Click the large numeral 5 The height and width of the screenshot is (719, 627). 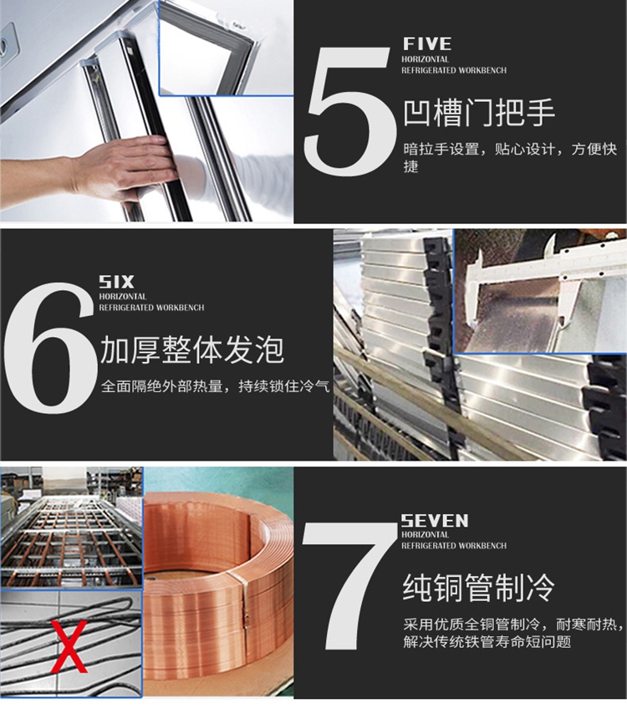click(x=351, y=111)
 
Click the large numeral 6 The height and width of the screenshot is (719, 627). click(x=48, y=349)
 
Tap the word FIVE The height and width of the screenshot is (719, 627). click(x=427, y=44)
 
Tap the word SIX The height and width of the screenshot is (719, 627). click(x=116, y=282)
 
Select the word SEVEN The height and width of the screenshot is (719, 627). click(x=435, y=521)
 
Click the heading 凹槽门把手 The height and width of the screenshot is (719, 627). click(x=479, y=113)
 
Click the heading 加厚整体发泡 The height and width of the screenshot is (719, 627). click(x=192, y=349)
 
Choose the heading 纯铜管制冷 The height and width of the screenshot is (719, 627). click(x=479, y=588)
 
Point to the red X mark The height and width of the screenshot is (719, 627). click(x=69, y=646)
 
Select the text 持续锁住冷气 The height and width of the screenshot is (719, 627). click(x=284, y=386)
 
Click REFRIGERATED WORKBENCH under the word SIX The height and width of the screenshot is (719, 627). click(x=152, y=308)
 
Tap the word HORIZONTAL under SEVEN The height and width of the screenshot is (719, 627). click(x=426, y=535)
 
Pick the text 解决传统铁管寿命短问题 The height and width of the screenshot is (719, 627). click(x=487, y=641)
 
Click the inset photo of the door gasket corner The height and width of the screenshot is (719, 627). click(x=226, y=48)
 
